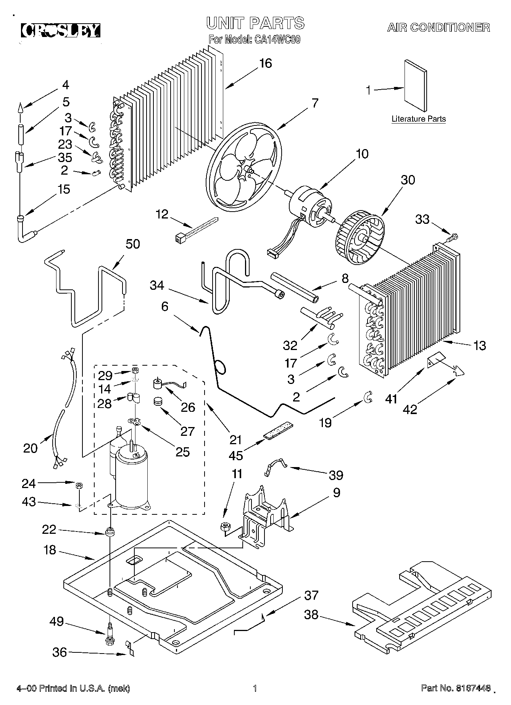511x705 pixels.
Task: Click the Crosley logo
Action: pyautogui.click(x=60, y=31)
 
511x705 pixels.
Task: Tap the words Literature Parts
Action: pyautogui.click(x=419, y=119)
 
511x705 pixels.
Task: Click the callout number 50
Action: pyautogui.click(x=132, y=244)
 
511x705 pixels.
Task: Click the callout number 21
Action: pyautogui.click(x=235, y=440)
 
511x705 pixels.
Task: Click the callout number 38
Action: pyautogui.click(x=311, y=614)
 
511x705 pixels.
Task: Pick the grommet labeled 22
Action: pyautogui.click(x=110, y=532)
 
